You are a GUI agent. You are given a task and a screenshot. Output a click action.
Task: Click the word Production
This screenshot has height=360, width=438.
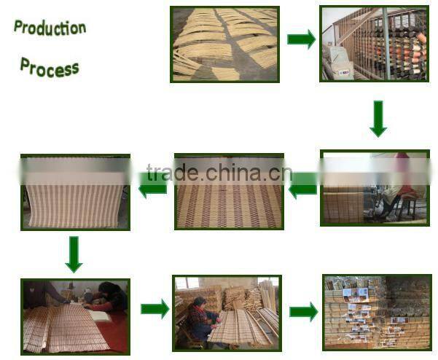(50, 28)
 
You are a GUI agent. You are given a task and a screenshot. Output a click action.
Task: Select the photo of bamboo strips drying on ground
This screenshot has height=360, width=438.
(224, 43)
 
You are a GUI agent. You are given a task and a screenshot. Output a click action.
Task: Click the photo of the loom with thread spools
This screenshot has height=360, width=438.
(374, 43)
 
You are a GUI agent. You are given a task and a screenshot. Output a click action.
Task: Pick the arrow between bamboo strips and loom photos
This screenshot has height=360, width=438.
(300, 39)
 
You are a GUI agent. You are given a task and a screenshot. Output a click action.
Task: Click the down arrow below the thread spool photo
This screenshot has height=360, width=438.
(378, 118)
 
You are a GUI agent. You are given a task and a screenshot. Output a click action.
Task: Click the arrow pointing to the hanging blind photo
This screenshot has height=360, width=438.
(153, 188)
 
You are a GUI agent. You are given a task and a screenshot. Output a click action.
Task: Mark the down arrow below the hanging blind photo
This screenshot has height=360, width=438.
(74, 253)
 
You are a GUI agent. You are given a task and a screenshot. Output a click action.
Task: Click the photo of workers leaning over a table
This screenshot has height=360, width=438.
(75, 316)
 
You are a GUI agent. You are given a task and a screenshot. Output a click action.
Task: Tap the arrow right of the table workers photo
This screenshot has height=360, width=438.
(155, 309)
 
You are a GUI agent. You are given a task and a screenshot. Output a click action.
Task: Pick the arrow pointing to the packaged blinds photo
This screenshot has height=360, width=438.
(303, 312)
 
